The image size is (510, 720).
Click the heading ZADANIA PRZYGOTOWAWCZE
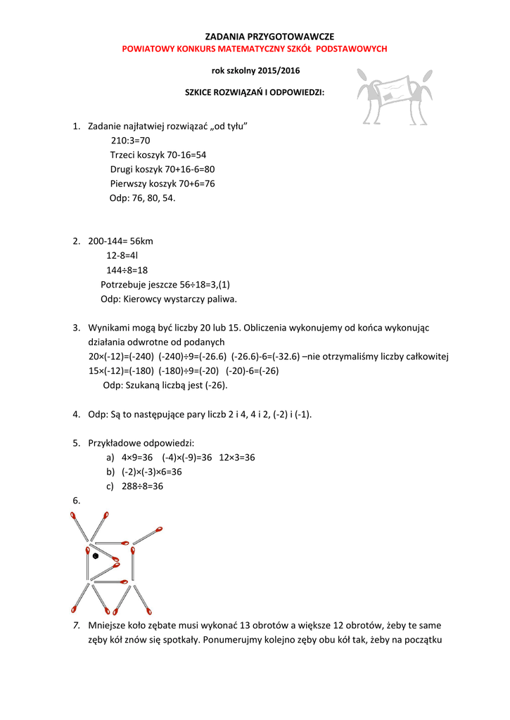255,36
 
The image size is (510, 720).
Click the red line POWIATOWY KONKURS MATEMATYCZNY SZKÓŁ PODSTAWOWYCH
255,49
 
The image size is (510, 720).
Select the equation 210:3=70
131,140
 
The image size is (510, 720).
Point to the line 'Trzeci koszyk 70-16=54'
158,155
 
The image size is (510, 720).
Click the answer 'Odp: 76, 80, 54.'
142,198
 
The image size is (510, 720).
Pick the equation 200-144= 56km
120,241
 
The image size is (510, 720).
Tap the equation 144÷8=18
127,270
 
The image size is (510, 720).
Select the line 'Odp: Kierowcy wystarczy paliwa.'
169,299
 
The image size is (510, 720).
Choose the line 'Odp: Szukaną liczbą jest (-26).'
165,385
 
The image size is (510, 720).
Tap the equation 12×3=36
237,458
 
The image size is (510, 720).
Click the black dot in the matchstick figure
96,555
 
